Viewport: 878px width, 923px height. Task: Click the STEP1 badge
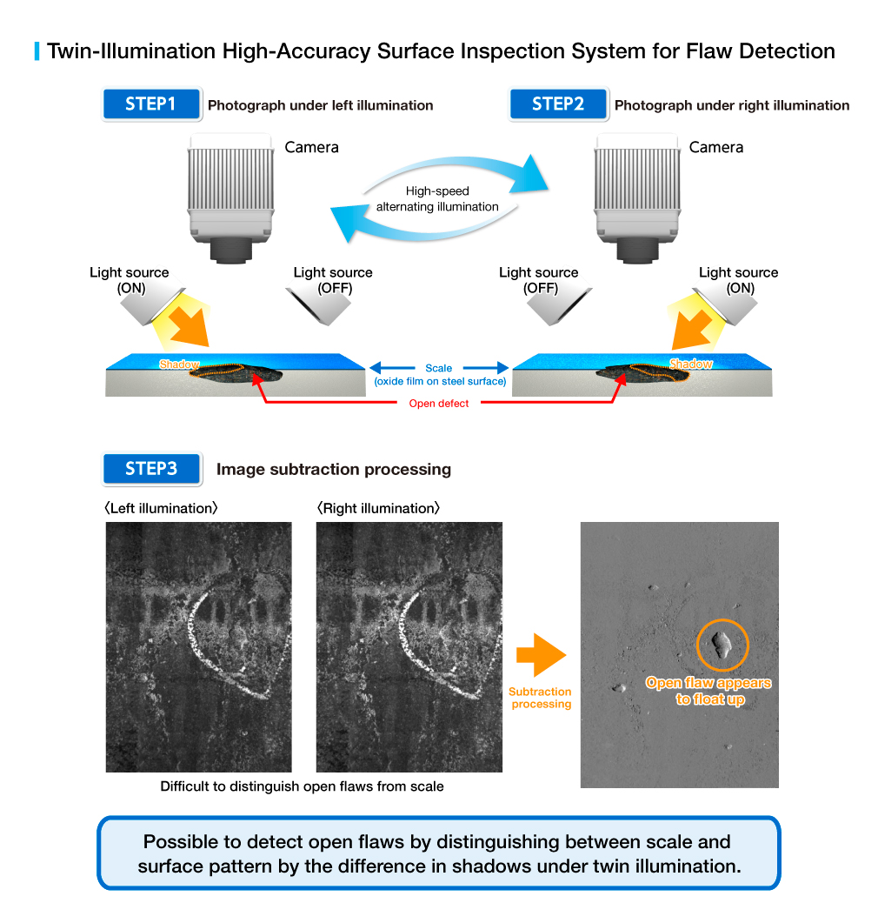pos(151,104)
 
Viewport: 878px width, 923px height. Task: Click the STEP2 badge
pos(558,104)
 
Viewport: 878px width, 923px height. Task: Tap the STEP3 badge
pos(151,469)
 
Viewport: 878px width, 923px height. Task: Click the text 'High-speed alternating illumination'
pos(437,199)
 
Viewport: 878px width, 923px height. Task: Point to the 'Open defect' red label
pos(439,404)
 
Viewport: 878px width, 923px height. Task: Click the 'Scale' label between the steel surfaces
pos(439,368)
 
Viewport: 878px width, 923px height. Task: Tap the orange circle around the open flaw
pos(722,645)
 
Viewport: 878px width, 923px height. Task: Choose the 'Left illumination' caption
pos(162,508)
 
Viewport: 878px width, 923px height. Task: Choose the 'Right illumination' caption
pos(378,508)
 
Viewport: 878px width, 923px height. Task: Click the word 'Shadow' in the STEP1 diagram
pos(179,365)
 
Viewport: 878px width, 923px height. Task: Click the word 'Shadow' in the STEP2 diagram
pos(690,364)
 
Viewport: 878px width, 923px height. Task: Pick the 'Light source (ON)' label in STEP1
pos(130,280)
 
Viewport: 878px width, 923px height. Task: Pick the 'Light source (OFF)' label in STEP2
pos(539,280)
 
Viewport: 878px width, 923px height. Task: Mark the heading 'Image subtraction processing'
pos(334,470)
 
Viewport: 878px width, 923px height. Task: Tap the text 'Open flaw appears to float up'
pos(708,691)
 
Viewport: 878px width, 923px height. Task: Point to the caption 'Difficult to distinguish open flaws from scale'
pos(302,786)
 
